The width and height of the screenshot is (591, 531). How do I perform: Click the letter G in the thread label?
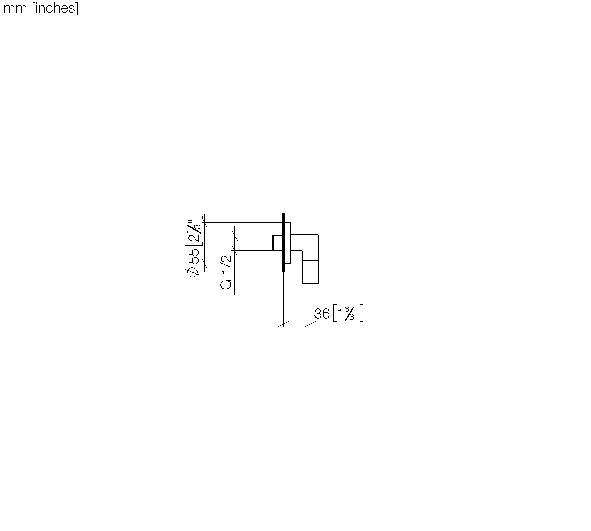pyautogui.click(x=226, y=284)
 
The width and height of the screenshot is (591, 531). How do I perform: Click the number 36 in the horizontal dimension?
pyautogui.click(x=322, y=314)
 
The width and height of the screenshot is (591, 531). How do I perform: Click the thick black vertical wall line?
pyautogui.click(x=283, y=242)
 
